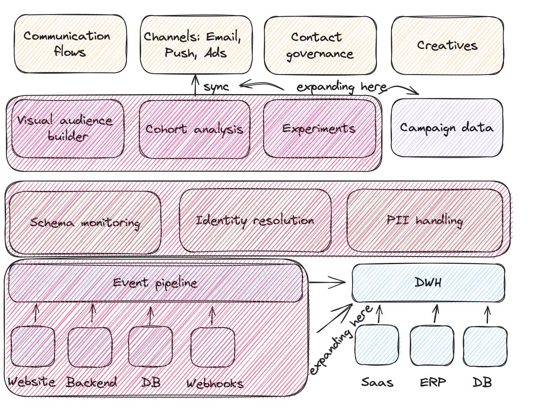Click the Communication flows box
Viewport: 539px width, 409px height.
tap(70, 44)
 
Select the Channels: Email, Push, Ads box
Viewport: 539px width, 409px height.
tap(196, 44)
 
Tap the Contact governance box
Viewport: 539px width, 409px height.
tap(320, 45)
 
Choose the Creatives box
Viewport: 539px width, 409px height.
tap(447, 45)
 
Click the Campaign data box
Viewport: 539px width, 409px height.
tap(446, 128)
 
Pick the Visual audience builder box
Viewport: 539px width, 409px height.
tap(67, 129)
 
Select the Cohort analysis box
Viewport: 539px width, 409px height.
tap(194, 129)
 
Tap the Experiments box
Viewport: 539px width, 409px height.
tap(319, 128)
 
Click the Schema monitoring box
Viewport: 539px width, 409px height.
tap(85, 222)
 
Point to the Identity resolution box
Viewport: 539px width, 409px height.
tap(255, 221)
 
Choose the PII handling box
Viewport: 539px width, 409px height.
tap(425, 221)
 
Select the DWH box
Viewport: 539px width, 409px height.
tap(428, 282)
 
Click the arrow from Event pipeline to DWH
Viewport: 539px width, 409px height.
tap(327, 282)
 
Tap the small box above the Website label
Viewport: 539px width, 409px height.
tap(33, 346)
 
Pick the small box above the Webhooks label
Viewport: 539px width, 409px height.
tap(212, 347)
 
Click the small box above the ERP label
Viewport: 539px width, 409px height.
tap(432, 346)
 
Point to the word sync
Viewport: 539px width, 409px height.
tap(216, 87)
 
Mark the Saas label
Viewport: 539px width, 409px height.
tap(377, 382)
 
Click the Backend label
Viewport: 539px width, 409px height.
tap(92, 383)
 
